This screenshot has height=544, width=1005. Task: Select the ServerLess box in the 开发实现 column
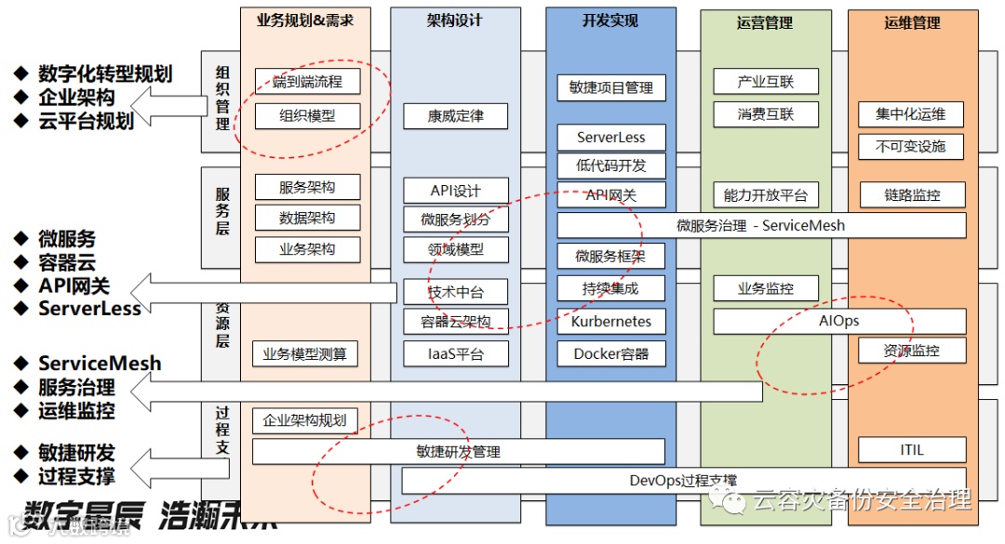[611, 138]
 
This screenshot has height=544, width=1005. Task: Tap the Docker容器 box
[611, 353]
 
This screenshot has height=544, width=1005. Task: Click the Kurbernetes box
[611, 322]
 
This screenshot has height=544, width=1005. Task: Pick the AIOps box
[838, 321]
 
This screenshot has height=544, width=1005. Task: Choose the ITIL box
[911, 450]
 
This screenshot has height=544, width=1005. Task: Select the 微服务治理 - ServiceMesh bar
[761, 225]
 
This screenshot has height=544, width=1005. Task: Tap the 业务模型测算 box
[305, 353]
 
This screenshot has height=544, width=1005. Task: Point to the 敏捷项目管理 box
[611, 87]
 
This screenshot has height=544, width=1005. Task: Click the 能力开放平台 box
[765, 195]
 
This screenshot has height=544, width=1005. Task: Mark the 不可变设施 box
[911, 146]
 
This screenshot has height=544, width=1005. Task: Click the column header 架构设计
[455, 20]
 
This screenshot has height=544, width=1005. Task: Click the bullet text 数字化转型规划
[105, 73]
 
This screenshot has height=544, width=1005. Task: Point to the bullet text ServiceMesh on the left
[100, 364]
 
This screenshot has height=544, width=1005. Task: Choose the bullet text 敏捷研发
[76, 453]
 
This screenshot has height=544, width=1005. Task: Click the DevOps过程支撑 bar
[683, 481]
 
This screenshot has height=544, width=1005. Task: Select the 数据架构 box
[307, 219]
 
